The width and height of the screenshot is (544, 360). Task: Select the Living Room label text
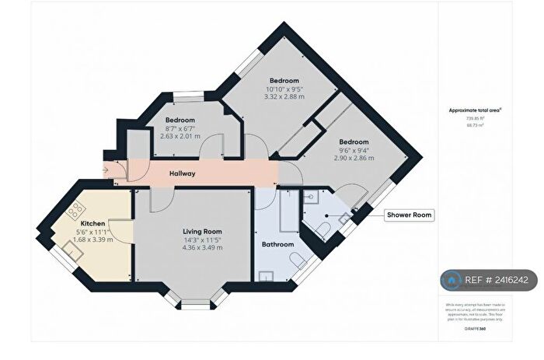pos(202,232)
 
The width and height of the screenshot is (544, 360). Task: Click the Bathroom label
pos(277,244)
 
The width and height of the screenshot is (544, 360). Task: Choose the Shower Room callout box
pos(409,215)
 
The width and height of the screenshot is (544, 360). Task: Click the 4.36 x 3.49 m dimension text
pos(202,248)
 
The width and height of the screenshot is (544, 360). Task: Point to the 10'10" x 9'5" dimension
pos(284,89)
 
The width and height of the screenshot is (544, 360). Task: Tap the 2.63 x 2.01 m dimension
pos(180,136)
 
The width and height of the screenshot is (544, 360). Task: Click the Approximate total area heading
pos(475,110)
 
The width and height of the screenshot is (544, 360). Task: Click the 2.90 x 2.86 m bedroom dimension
pos(353,158)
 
